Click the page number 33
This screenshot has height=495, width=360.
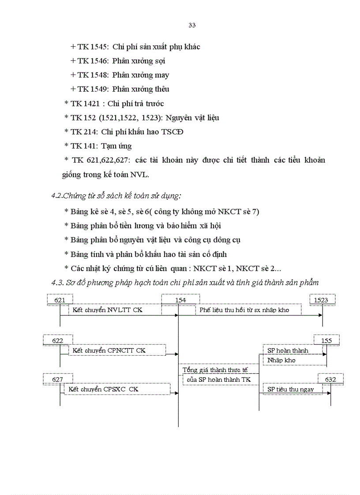[x=192, y=25]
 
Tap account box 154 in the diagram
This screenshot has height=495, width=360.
[x=180, y=300]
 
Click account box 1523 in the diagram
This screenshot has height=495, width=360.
[x=321, y=300]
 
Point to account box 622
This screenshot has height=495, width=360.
[x=57, y=340]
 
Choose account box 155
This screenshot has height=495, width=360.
[x=326, y=340]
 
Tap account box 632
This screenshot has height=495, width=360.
[x=330, y=379]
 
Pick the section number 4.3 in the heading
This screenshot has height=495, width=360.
[x=57, y=283]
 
